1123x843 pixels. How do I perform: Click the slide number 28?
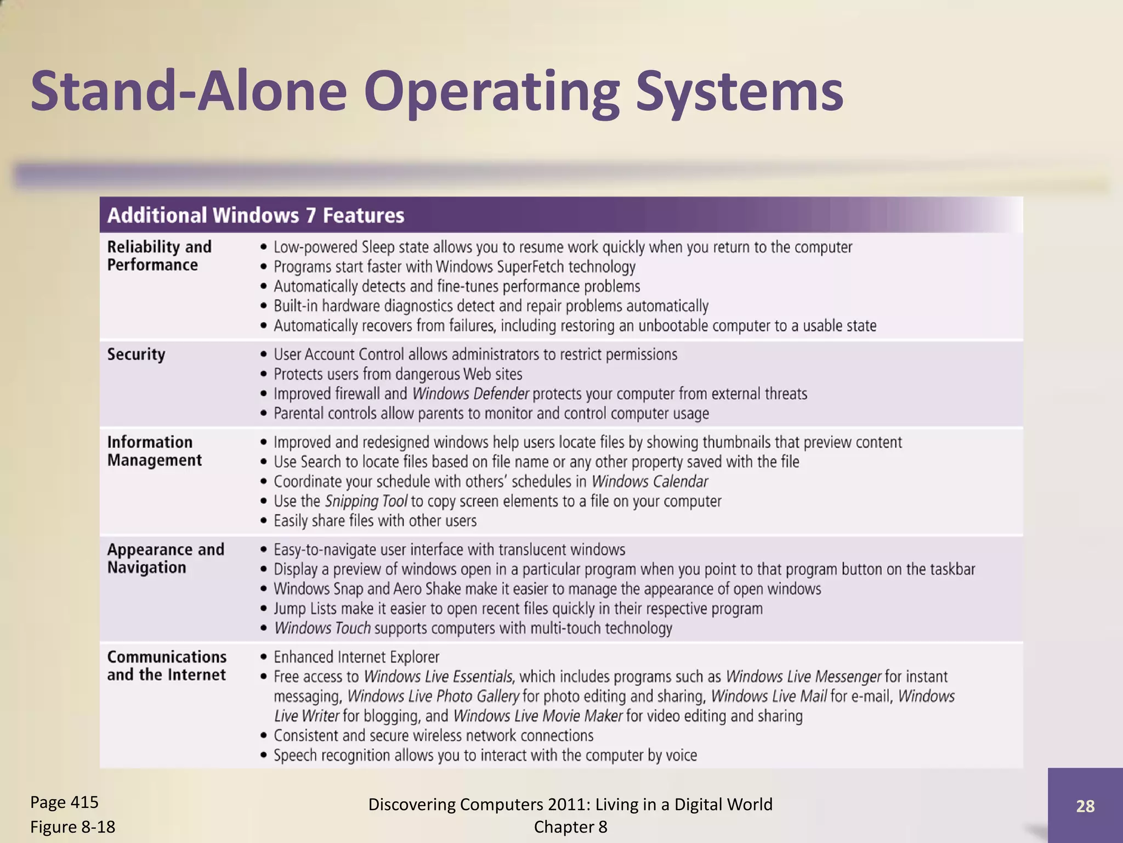[1085, 806]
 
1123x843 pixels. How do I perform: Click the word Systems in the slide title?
[739, 91]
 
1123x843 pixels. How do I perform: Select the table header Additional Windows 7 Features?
[256, 215]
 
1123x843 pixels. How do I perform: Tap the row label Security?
[136, 355]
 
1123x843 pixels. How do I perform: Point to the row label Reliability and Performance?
[159, 256]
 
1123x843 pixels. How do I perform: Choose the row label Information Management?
[154, 451]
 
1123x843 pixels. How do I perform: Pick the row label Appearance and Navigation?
[166, 558]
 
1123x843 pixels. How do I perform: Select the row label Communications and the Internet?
[167, 666]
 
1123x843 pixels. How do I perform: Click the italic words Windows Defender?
[470, 394]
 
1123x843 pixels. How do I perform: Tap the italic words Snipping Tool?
[366, 501]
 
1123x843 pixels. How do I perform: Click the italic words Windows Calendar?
[649, 481]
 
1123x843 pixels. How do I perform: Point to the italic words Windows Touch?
[322, 628]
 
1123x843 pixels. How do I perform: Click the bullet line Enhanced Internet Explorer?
[356, 657]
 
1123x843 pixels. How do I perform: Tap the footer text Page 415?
[64, 802]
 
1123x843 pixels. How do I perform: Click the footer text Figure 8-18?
[72, 827]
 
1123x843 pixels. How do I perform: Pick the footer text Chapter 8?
[570, 827]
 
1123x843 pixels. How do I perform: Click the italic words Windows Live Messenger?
[803, 677]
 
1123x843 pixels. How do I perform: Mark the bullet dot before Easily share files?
[264, 520]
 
